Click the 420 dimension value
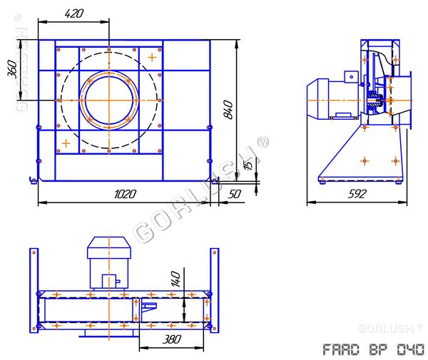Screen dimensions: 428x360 point(74,14)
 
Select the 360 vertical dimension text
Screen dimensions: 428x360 point(12,69)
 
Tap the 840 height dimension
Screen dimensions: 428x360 point(228,110)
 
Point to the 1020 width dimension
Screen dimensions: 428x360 point(125,194)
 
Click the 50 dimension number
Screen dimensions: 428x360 point(235,194)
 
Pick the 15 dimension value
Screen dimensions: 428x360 point(249,165)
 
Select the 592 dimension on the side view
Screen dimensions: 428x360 point(357,194)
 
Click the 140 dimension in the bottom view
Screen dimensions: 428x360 point(175,279)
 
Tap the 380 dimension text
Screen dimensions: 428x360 point(172,339)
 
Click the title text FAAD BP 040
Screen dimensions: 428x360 point(373,349)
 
